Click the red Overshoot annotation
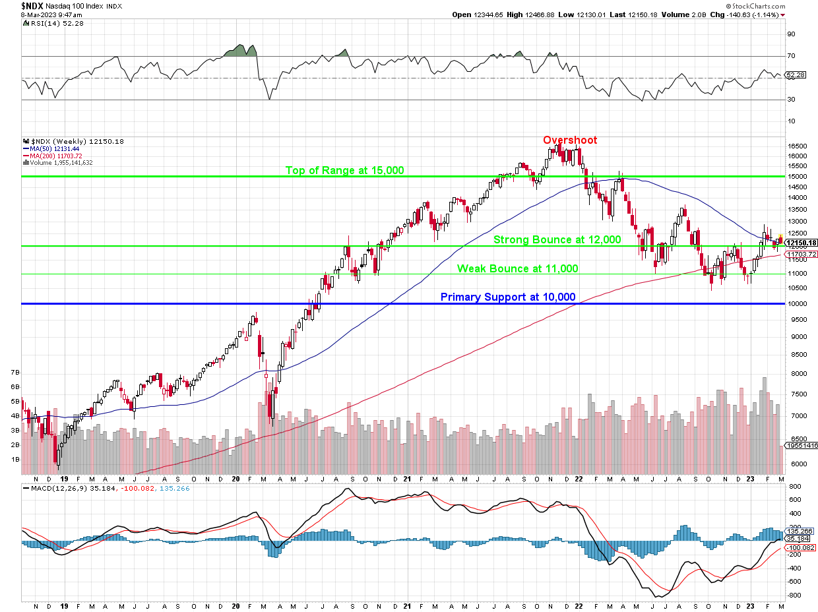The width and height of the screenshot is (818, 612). [570, 140]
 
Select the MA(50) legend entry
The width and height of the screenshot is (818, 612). [52, 148]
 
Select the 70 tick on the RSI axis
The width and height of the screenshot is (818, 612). [790, 56]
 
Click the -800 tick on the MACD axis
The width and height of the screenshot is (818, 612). [794, 595]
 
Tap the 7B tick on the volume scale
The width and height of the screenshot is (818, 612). [15, 373]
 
